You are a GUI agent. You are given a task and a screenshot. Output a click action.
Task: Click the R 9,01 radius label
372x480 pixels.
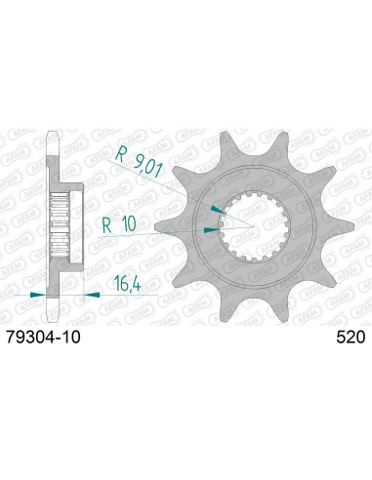click(139, 161)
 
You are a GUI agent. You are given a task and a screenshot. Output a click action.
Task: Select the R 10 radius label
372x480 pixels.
click(119, 224)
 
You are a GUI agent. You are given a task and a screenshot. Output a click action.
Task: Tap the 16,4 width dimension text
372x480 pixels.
click(127, 284)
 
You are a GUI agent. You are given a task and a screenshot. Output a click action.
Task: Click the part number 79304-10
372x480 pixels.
click(43, 338)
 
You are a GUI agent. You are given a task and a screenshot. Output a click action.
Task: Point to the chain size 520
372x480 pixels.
click(351, 338)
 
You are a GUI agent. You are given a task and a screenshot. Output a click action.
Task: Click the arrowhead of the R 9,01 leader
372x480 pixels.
click(218, 209)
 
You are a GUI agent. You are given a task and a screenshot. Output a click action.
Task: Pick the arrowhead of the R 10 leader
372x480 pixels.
click(211, 230)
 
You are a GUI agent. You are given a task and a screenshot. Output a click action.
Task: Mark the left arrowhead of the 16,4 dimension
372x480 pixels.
click(38, 295)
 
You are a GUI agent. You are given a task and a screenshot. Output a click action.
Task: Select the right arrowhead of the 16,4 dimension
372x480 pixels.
click(92, 295)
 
